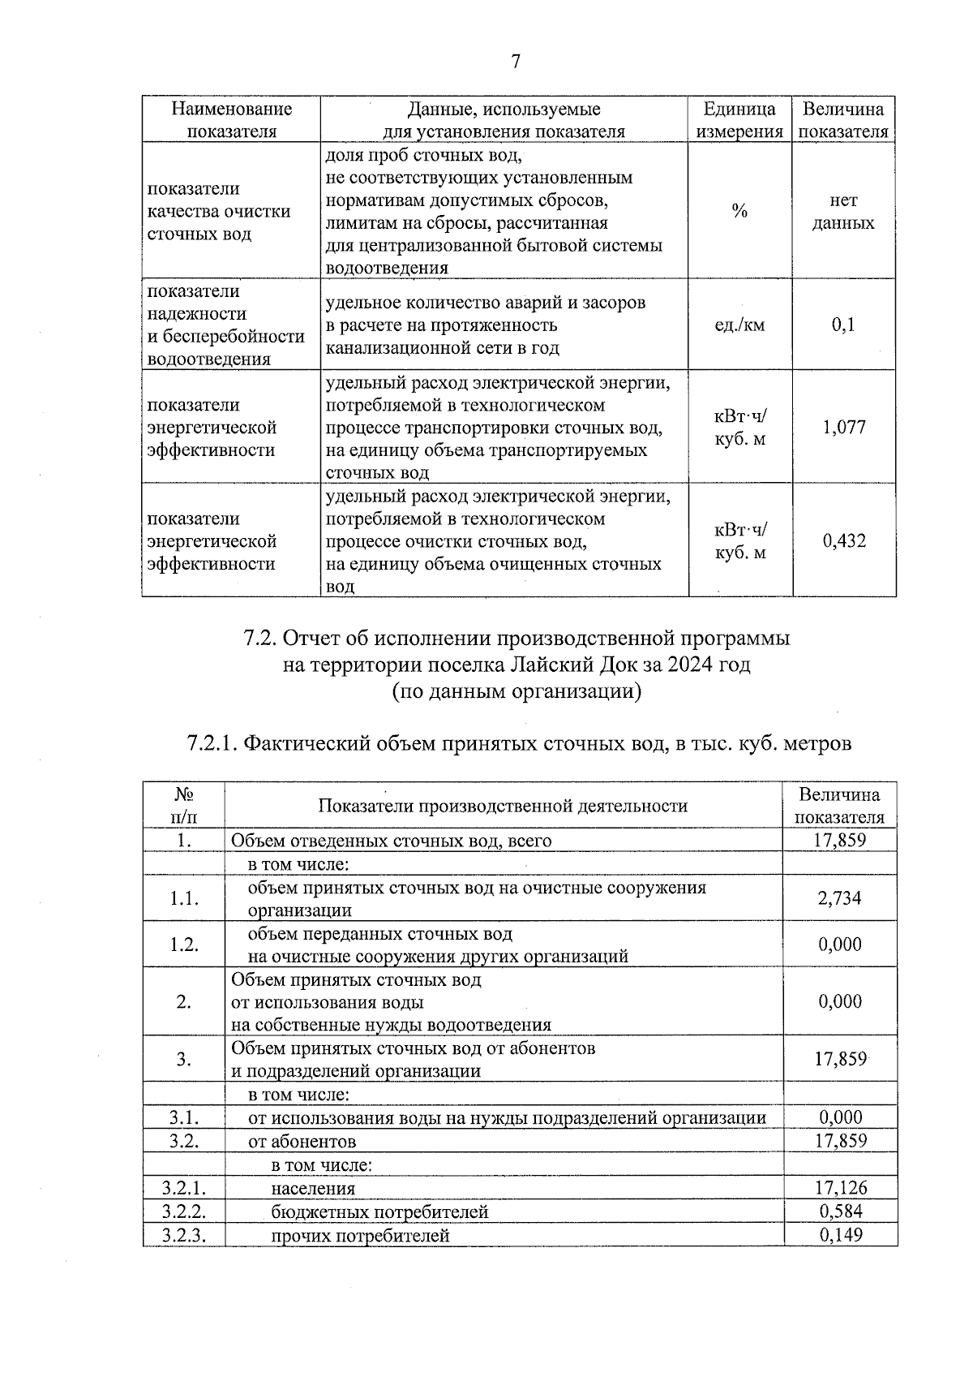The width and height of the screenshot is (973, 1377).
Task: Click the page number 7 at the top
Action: [x=516, y=62]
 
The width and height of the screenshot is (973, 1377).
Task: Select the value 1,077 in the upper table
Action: [x=844, y=427]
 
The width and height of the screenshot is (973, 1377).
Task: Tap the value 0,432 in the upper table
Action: [x=844, y=540]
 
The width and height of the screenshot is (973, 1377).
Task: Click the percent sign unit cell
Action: [x=739, y=212]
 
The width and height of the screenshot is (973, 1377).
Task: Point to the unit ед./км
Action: [x=739, y=325]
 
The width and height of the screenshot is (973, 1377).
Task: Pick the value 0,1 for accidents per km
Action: [x=843, y=325]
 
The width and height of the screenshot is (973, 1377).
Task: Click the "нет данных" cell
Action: [x=843, y=212]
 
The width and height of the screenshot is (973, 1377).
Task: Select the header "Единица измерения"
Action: [x=739, y=120]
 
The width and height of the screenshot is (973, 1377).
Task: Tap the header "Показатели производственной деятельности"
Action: [x=503, y=806]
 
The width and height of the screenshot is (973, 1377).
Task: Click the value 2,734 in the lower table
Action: [x=840, y=898]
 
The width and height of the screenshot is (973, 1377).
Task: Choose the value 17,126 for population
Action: [x=840, y=1188]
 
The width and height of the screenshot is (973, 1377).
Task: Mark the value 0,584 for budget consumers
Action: [x=840, y=1211]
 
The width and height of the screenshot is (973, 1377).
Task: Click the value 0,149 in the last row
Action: [x=840, y=1235]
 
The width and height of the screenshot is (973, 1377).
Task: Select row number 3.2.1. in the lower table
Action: [x=183, y=1188]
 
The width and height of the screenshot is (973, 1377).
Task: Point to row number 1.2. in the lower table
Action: [x=184, y=945]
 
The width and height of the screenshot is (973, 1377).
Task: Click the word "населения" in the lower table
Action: [x=313, y=1189]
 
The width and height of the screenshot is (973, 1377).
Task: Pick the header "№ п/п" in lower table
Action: [x=184, y=806]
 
